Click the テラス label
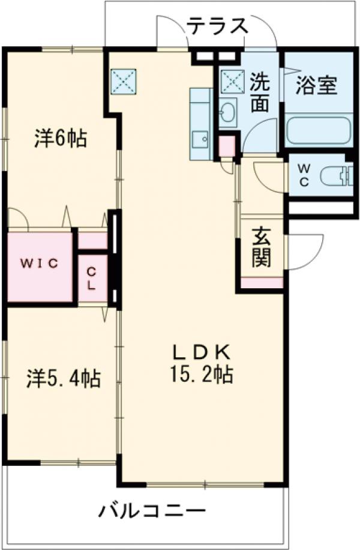(217, 26)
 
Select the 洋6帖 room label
(59, 139)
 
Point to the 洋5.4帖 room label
(64, 379)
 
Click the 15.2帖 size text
(201, 375)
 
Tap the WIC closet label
(40, 263)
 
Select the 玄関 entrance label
(261, 247)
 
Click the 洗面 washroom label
(259, 93)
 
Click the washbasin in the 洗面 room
(227, 111)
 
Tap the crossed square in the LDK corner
(124, 82)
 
